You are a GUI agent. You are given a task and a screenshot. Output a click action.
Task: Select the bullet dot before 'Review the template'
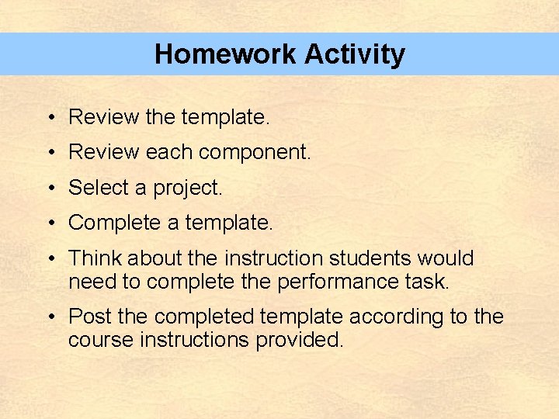(x=49, y=118)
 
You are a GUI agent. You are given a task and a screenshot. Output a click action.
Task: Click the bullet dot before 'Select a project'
(x=49, y=189)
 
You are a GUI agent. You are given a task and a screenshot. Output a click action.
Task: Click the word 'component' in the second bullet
(x=254, y=153)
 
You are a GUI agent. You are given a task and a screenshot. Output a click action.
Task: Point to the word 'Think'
(x=95, y=258)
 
